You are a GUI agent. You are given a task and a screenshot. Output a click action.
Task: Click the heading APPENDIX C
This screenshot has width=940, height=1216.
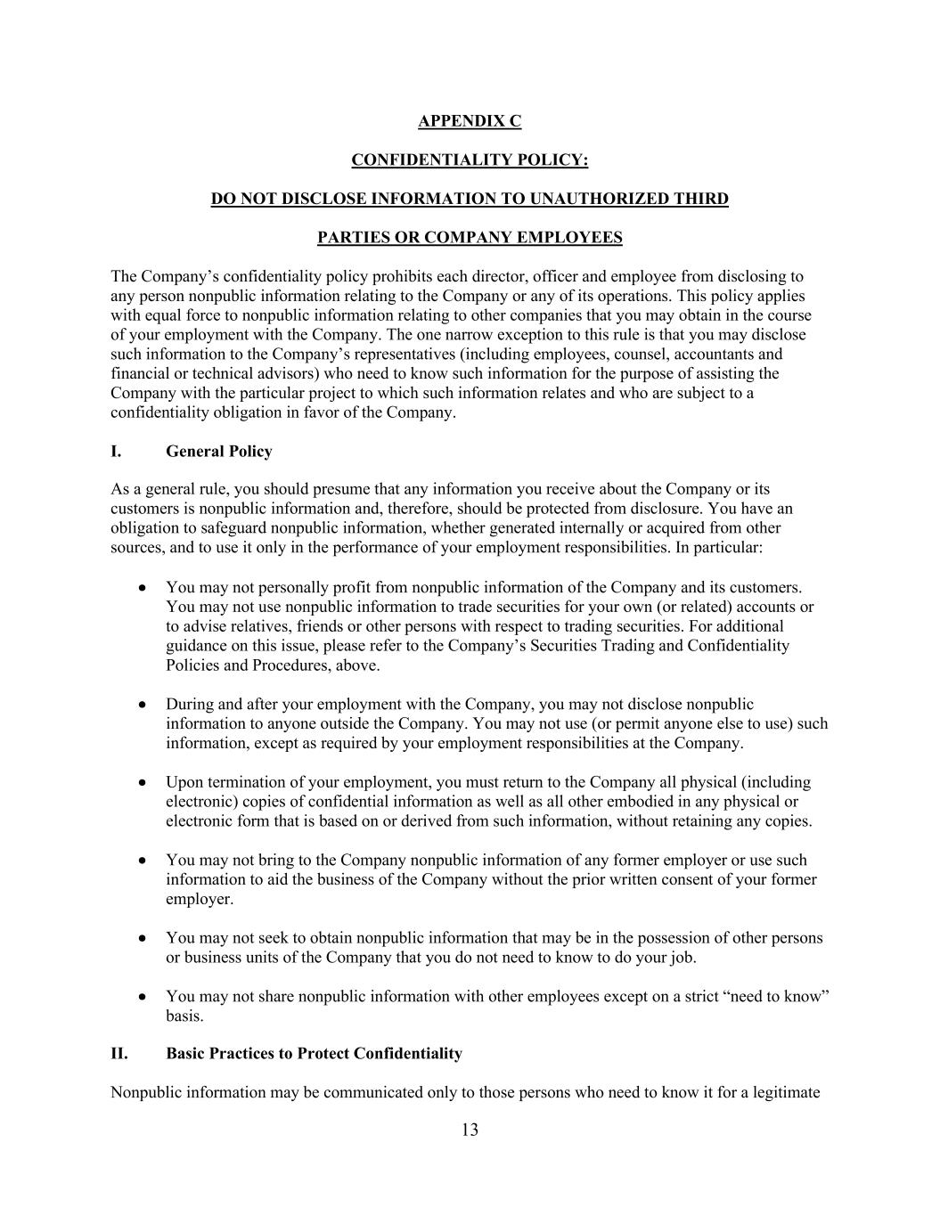coord(470,121)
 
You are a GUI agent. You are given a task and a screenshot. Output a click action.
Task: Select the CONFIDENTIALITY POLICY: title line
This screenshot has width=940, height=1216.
coord(470,160)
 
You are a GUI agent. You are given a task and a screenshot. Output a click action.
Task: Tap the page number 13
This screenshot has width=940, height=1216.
coord(470,1130)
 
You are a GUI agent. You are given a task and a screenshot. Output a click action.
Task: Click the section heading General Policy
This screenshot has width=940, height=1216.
coord(218,452)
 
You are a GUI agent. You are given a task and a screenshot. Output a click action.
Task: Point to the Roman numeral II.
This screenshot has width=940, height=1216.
coord(119,1054)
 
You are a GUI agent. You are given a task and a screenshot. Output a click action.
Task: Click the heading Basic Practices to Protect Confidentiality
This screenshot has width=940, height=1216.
coord(314,1054)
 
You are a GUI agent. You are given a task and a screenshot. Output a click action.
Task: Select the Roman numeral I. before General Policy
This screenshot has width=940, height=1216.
coord(116,452)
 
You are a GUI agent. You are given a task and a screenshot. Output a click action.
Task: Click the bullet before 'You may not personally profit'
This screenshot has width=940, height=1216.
coord(143,588)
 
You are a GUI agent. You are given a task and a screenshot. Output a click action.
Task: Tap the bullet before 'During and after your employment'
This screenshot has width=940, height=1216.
coord(143,705)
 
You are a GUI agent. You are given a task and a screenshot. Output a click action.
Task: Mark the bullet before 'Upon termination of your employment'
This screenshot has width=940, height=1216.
coord(143,782)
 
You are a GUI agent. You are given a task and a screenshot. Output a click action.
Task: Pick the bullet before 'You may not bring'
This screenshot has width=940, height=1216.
coord(143,861)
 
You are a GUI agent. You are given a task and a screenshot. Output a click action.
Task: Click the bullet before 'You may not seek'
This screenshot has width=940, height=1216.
coord(143,938)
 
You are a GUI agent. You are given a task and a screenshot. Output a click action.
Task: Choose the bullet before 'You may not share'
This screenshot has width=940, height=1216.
coord(143,997)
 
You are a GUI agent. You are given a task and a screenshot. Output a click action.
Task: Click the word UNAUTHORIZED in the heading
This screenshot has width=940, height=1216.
coord(586,199)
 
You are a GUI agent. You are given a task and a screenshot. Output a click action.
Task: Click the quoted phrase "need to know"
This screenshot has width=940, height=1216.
coord(780,997)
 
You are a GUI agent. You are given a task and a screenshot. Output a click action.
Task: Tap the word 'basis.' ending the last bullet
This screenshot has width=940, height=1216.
coord(184,1016)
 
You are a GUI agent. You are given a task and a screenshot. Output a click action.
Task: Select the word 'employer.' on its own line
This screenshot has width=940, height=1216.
coord(200,899)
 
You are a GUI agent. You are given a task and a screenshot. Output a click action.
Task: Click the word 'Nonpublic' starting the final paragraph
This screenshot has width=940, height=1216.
coord(147,1093)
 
